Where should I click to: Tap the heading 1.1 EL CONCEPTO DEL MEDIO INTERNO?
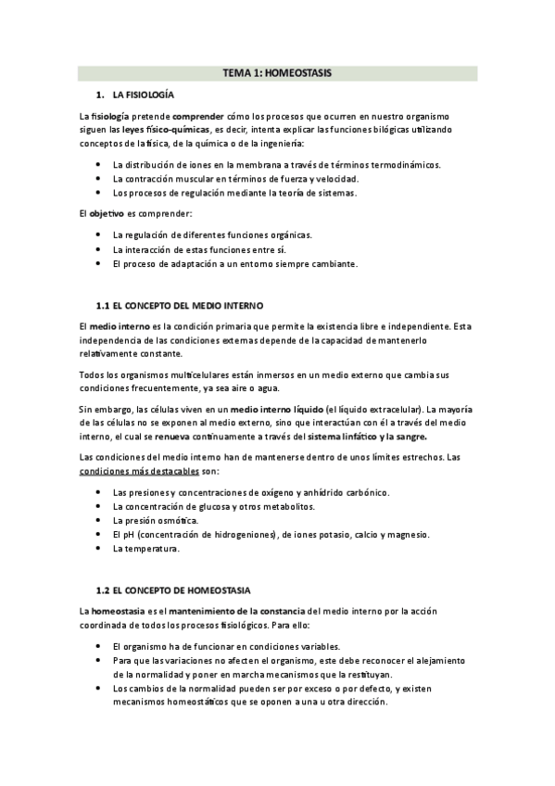pos(180,304)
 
